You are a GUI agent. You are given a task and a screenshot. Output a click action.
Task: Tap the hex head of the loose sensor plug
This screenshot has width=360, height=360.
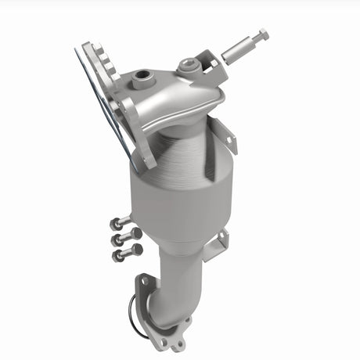[x=262, y=34]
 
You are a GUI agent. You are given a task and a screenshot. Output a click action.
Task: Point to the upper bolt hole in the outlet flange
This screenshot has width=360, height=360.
[x=145, y=279]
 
